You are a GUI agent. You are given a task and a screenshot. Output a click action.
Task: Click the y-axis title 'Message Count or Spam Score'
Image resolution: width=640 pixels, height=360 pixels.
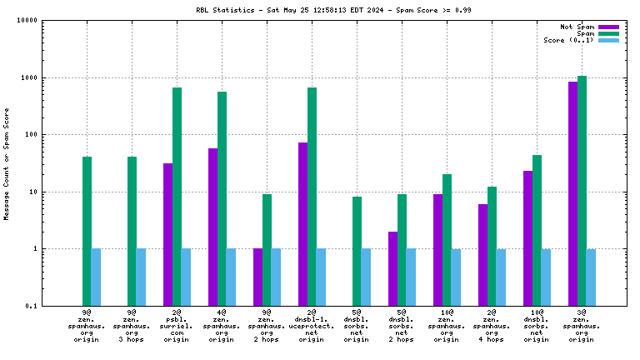7,163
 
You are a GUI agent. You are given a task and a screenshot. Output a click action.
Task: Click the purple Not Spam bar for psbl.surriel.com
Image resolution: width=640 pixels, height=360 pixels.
167,234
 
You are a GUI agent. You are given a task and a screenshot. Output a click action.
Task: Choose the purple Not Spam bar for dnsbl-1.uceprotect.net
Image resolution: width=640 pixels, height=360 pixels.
302,224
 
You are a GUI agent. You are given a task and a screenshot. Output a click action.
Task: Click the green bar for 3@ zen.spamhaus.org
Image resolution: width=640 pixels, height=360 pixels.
582,191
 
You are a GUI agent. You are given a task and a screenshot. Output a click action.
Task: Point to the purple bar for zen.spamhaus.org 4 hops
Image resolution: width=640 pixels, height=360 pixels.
482,254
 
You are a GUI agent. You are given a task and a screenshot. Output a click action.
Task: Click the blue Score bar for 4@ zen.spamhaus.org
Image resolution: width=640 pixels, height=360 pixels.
231,277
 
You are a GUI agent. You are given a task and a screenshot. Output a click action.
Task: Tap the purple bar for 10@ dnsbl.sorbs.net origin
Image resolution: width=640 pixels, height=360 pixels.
527,237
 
